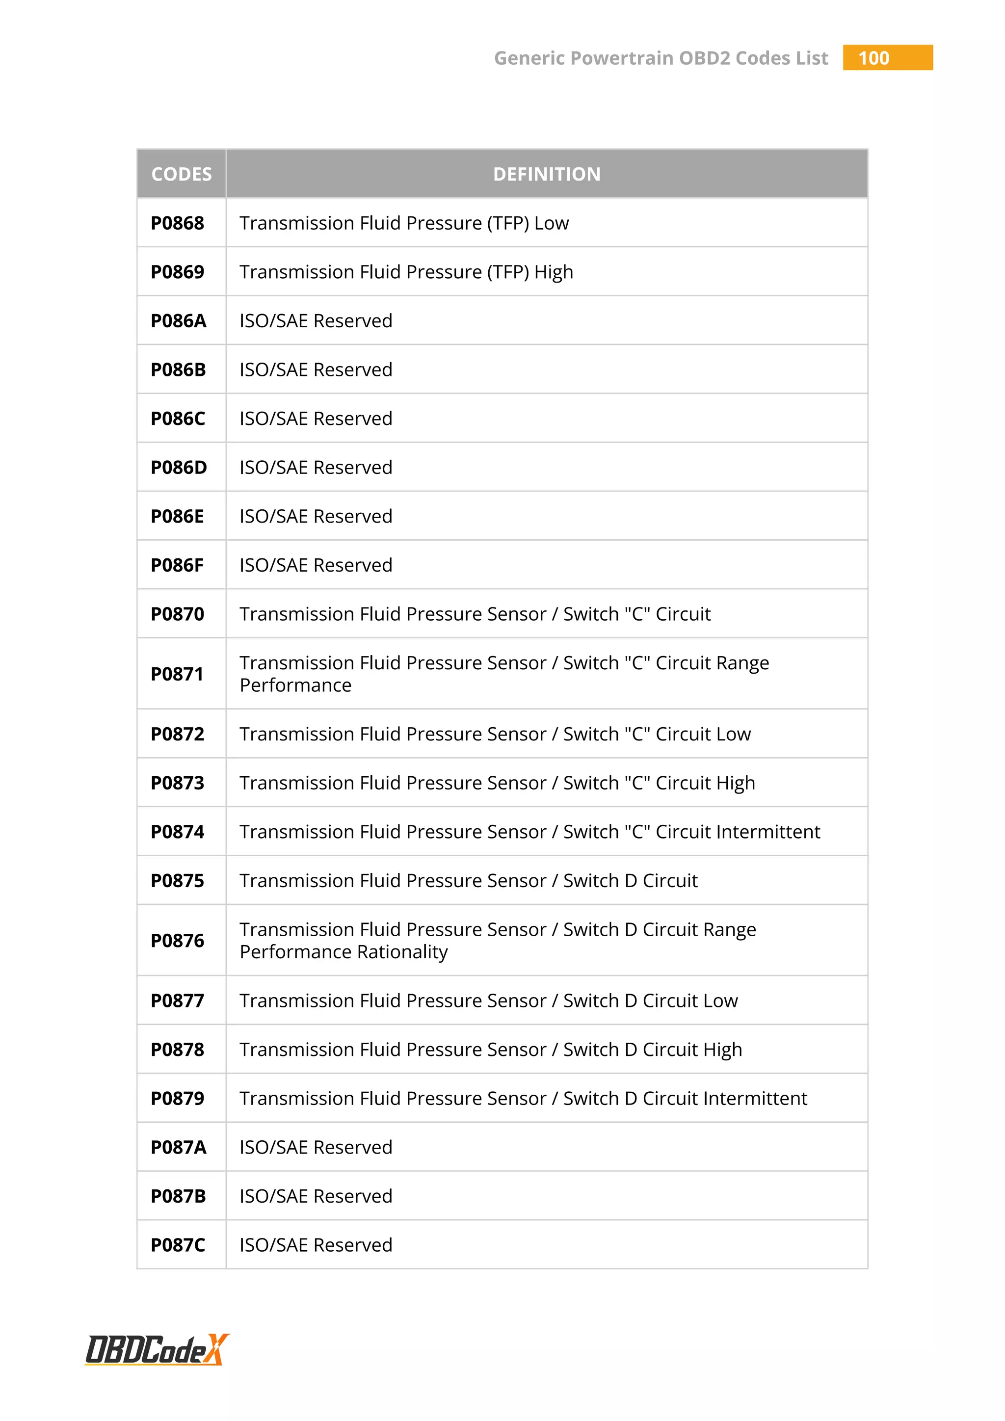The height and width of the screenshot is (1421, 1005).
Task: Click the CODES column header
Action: [181, 174]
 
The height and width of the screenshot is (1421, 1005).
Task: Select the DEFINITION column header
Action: [547, 174]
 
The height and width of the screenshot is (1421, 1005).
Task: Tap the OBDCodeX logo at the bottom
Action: [157, 1350]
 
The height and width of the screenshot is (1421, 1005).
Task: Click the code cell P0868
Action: [178, 223]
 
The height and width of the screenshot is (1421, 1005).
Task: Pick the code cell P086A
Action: [178, 320]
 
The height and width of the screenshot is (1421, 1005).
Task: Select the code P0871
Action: [177, 674]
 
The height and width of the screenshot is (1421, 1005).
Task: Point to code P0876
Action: [178, 941]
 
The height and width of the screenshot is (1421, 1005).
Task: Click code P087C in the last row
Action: [178, 1245]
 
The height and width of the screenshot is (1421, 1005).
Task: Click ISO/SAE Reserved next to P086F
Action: [316, 565]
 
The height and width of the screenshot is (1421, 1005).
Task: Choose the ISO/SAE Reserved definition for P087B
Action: [316, 1196]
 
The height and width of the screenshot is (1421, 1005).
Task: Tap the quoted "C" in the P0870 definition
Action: [637, 614]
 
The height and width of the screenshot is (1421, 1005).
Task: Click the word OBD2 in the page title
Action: [704, 58]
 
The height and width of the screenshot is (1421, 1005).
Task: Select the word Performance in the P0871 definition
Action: [295, 686]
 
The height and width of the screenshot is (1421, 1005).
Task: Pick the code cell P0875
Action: [178, 881]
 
